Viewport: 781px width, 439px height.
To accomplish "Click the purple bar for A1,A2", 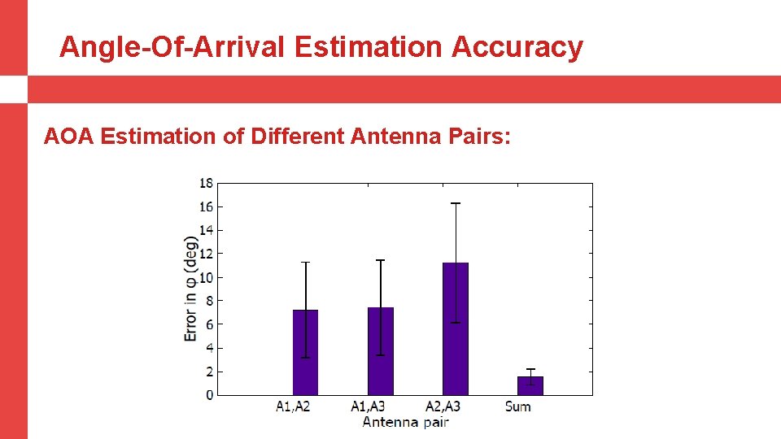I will [305, 352].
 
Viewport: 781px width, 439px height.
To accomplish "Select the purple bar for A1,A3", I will [380, 351].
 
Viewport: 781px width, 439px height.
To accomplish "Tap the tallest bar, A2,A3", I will [456, 328].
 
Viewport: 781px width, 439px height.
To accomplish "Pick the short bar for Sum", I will [530, 386].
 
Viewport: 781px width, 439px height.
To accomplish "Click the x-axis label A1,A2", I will [293, 406].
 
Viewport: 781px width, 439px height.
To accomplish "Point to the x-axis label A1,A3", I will [368, 406].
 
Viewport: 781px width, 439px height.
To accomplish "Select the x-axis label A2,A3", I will [443, 406].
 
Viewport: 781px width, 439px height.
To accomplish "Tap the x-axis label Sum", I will [518, 406].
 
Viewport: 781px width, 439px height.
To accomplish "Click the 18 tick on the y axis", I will [207, 183].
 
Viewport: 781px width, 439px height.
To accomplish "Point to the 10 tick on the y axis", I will [207, 277].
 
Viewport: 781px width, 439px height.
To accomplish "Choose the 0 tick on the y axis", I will [210, 395].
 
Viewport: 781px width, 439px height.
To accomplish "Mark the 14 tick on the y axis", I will [207, 230].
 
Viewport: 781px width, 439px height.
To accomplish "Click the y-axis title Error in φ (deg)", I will [190, 289].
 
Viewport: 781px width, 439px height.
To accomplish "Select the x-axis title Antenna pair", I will [405, 422].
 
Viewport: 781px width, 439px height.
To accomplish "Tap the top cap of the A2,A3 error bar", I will [456, 203].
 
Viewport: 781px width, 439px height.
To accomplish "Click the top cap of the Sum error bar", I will [530, 369].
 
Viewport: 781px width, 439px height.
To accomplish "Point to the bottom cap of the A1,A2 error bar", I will [305, 358].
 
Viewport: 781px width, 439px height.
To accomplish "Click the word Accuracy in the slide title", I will [517, 47].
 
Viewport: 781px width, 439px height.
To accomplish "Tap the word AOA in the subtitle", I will [69, 136].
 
